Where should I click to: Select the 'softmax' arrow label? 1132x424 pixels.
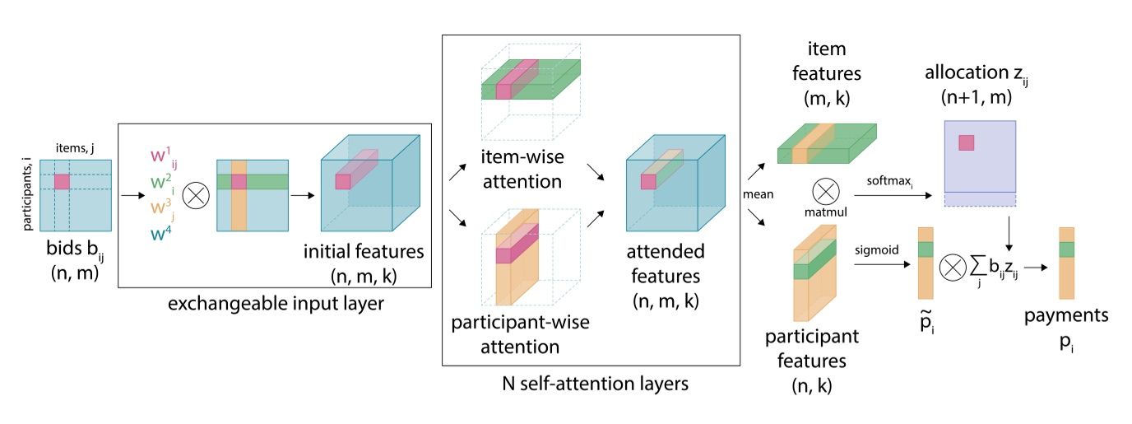(x=891, y=179)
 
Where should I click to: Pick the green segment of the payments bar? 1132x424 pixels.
(x=1066, y=249)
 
